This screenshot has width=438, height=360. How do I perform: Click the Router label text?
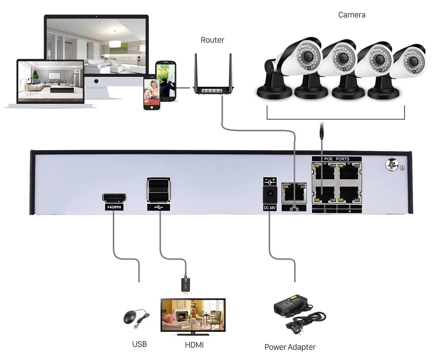212,40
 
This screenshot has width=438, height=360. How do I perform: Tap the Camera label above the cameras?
351,15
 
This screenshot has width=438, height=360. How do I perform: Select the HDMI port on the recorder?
114,199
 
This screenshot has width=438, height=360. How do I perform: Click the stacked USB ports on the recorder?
158,190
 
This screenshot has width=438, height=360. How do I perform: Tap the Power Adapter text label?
290,347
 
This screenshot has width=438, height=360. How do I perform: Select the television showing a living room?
193,314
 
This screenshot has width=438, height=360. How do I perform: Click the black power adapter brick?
291,305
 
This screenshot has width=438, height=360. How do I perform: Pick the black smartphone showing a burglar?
166,81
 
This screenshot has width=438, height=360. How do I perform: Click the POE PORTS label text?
337,159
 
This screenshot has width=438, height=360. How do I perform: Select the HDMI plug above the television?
186,285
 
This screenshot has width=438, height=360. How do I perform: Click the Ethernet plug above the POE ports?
322,131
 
